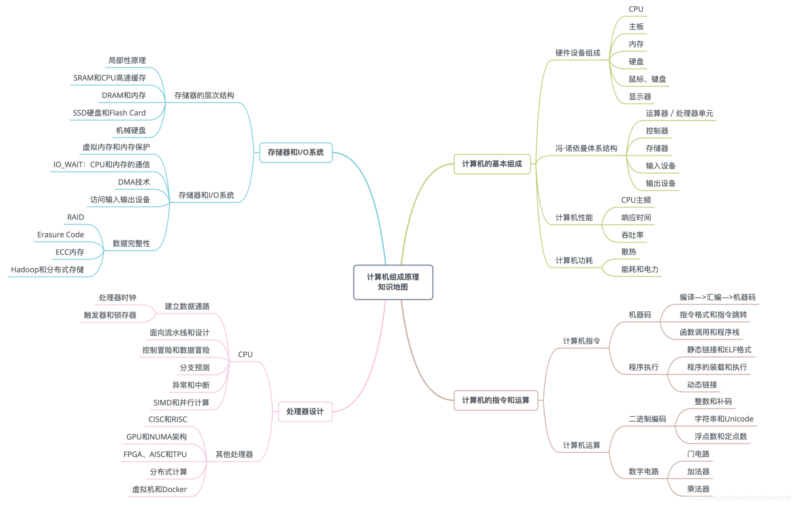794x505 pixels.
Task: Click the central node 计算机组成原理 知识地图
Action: click(393, 282)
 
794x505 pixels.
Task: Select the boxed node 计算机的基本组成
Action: click(492, 164)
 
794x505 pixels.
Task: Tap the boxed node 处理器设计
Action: click(305, 411)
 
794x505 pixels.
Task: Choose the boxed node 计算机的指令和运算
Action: click(495, 400)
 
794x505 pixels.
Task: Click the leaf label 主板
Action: click(636, 27)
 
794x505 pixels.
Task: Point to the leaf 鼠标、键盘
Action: click(647, 79)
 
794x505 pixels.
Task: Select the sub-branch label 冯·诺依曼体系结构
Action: click(586, 148)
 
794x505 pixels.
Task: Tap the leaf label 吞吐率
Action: click(632, 235)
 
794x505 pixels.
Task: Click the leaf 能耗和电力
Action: click(640, 269)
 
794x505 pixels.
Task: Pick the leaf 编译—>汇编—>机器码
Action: click(717, 297)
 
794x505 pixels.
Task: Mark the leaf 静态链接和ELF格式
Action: click(719, 350)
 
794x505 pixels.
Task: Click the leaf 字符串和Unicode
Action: click(723, 419)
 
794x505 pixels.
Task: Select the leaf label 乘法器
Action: click(698, 489)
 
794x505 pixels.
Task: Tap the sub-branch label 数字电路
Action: click(643, 471)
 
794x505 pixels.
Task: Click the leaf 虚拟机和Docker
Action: click(159, 489)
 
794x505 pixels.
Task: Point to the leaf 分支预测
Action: click(194, 367)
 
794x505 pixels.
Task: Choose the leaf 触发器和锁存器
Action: click(110, 315)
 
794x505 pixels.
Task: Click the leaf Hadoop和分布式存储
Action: click(47, 270)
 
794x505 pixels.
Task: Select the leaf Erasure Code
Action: click(60, 234)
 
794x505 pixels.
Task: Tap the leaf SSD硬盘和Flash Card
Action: click(109, 113)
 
